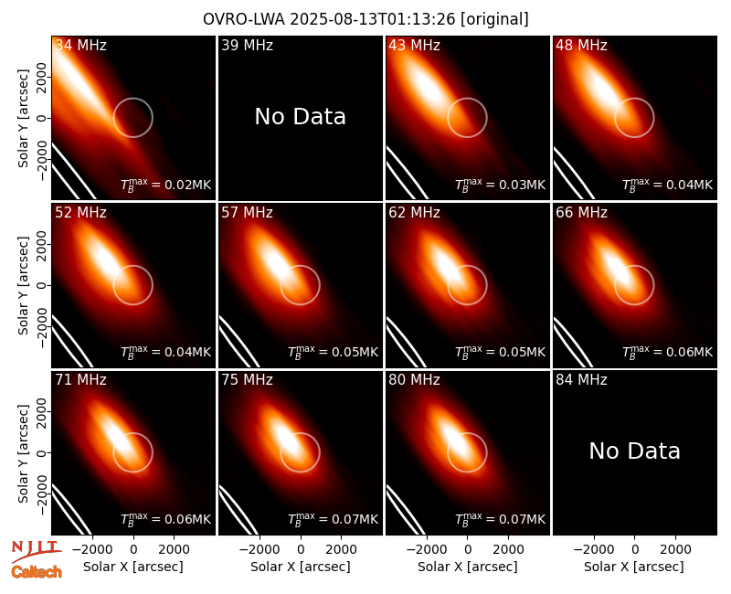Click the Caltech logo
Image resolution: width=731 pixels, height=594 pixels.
(37, 572)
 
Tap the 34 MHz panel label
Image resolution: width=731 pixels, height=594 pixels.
(80, 45)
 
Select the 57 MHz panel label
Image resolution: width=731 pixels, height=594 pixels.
(247, 213)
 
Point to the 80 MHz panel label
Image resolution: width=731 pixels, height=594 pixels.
(415, 380)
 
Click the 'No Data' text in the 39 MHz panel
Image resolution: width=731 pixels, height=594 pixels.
(301, 116)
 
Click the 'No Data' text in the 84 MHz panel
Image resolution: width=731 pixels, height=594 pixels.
(634, 451)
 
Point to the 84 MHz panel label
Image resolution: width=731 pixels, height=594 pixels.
(581, 380)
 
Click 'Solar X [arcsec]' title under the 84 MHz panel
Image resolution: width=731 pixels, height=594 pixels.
(634, 567)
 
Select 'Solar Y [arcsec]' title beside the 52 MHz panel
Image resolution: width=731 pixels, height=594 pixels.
(23, 285)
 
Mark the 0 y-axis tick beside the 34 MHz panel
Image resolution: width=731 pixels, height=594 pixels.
(42, 118)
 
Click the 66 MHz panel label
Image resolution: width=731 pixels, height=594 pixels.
(581, 213)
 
